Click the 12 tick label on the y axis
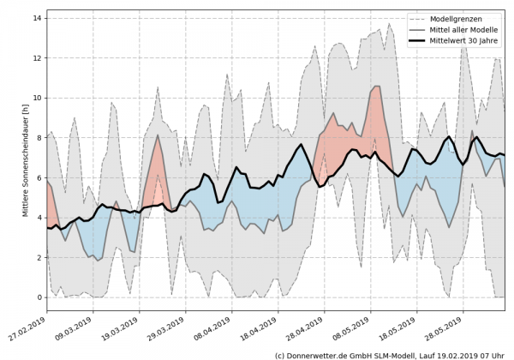pos(38,58)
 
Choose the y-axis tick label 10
pos(38,99)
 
